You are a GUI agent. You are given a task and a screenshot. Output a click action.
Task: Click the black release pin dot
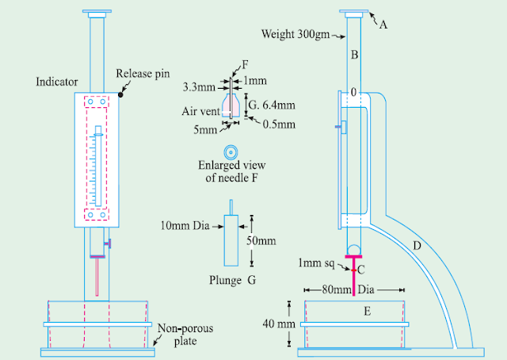[120, 94]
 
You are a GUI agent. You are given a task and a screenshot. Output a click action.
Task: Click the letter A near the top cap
[383, 24]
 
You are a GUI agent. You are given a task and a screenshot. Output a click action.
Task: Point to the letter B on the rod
[355, 56]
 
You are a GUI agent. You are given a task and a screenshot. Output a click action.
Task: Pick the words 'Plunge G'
[226, 280]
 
